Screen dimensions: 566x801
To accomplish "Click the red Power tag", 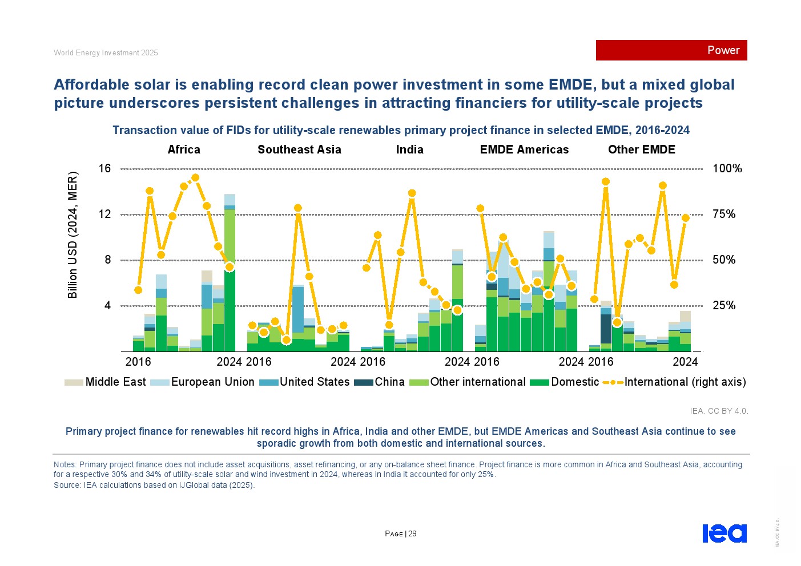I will point(671,50).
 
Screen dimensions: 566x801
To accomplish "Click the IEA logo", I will point(724,533).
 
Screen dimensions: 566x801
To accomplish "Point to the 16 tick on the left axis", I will point(104,168).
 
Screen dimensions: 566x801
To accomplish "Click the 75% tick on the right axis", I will point(724,215).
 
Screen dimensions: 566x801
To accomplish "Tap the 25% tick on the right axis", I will point(724,306).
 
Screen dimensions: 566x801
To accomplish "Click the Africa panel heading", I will point(184,149).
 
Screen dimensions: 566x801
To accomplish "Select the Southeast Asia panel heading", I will point(299,149).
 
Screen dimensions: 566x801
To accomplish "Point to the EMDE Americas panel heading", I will point(524,149).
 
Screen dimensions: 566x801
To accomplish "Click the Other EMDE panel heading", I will point(641,149).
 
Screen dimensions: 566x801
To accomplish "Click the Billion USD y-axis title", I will point(73,235).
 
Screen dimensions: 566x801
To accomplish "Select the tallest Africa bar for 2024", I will point(230,274).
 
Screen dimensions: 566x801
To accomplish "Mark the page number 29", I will point(412,534).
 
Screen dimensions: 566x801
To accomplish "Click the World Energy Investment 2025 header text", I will point(106,53).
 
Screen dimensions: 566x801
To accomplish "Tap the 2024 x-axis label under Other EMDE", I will point(685,362).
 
